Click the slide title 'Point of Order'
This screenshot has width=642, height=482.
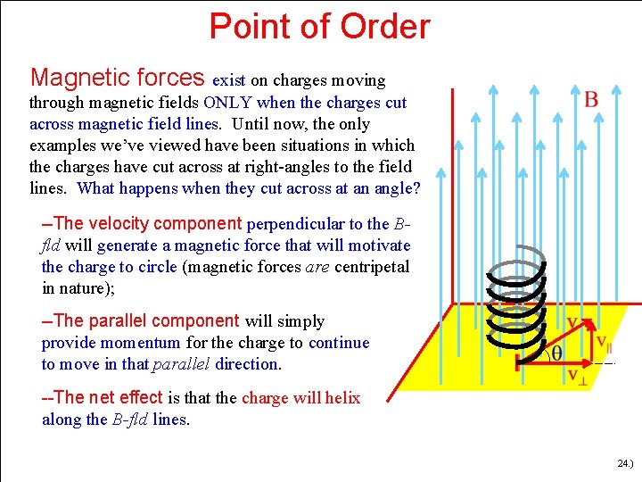tap(319, 27)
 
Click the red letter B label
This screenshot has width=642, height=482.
tap(592, 98)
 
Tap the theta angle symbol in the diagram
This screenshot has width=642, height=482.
tap(556, 353)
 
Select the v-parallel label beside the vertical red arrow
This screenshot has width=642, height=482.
tap(604, 342)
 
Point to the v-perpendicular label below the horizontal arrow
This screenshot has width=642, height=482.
tap(577, 376)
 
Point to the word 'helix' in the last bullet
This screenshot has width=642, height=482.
tap(342, 398)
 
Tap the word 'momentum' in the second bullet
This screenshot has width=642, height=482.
tap(144, 343)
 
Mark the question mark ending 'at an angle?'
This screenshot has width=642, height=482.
tap(416, 188)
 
